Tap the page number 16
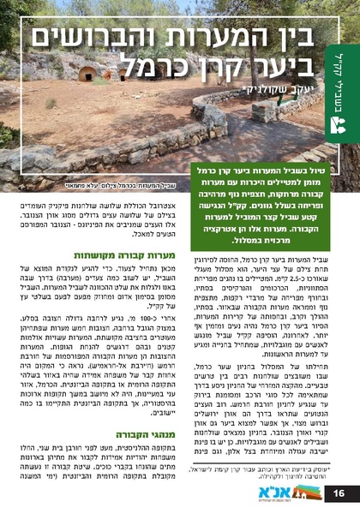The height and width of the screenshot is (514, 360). click(339, 493)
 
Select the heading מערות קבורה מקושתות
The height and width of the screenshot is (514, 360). click(137, 255)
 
